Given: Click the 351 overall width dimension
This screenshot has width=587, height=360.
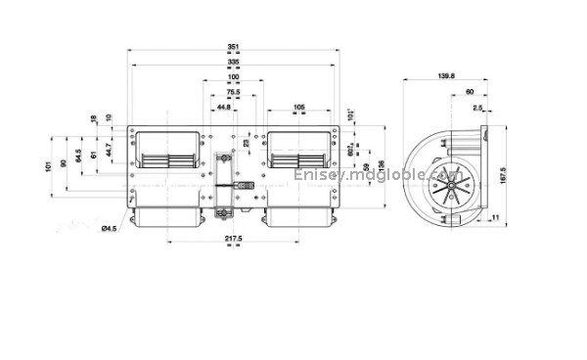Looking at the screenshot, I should [x=232, y=47].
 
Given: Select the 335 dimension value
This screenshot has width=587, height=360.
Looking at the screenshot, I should [x=232, y=63].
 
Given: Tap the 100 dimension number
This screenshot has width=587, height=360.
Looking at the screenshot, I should [x=233, y=77].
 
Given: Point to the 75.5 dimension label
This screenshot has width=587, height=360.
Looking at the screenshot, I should [x=233, y=92].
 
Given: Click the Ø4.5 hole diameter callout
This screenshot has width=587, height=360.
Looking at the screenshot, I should [x=110, y=228].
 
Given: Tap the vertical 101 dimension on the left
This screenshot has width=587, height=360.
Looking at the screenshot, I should [x=47, y=167].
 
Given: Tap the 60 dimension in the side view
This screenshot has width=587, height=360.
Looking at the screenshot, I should [x=457, y=93].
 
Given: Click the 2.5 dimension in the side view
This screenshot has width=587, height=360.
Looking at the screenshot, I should [x=476, y=108].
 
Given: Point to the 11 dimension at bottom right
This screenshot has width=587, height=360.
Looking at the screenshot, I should [x=496, y=216].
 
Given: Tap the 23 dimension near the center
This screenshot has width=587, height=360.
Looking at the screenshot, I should [x=246, y=143].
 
